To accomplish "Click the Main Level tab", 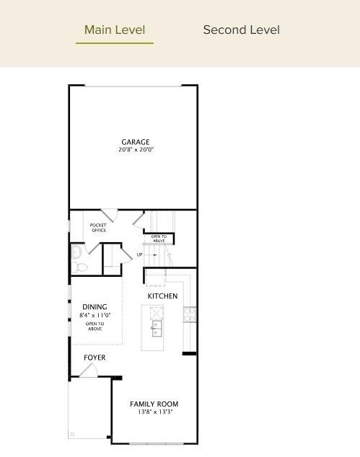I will pyautogui.click(x=115, y=30).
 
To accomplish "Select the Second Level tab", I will pyautogui.click(x=241, y=30).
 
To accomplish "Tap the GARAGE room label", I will pyautogui.click(x=136, y=142).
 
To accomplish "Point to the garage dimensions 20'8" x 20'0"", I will pyautogui.click(x=136, y=150).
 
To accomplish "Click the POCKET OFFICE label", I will pyautogui.click(x=98, y=228).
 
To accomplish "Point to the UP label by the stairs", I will pyautogui.click(x=139, y=254).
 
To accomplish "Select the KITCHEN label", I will pyautogui.click(x=162, y=296).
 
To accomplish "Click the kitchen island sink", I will pyautogui.click(x=156, y=329).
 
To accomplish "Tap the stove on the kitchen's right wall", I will pyautogui.click(x=190, y=314).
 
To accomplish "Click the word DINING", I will pyautogui.click(x=95, y=307).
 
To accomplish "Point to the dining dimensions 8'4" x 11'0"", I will pyautogui.click(x=95, y=316).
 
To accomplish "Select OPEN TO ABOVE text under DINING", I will pyautogui.click(x=95, y=326).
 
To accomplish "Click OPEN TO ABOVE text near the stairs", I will pyautogui.click(x=159, y=239).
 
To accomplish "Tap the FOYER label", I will pyautogui.click(x=95, y=358).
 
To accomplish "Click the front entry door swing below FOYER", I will pyautogui.click(x=88, y=371).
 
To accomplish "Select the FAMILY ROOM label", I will pyautogui.click(x=154, y=404).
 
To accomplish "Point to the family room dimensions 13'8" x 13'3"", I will pyautogui.click(x=154, y=412).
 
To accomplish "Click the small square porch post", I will pyautogui.click(x=72, y=434).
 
